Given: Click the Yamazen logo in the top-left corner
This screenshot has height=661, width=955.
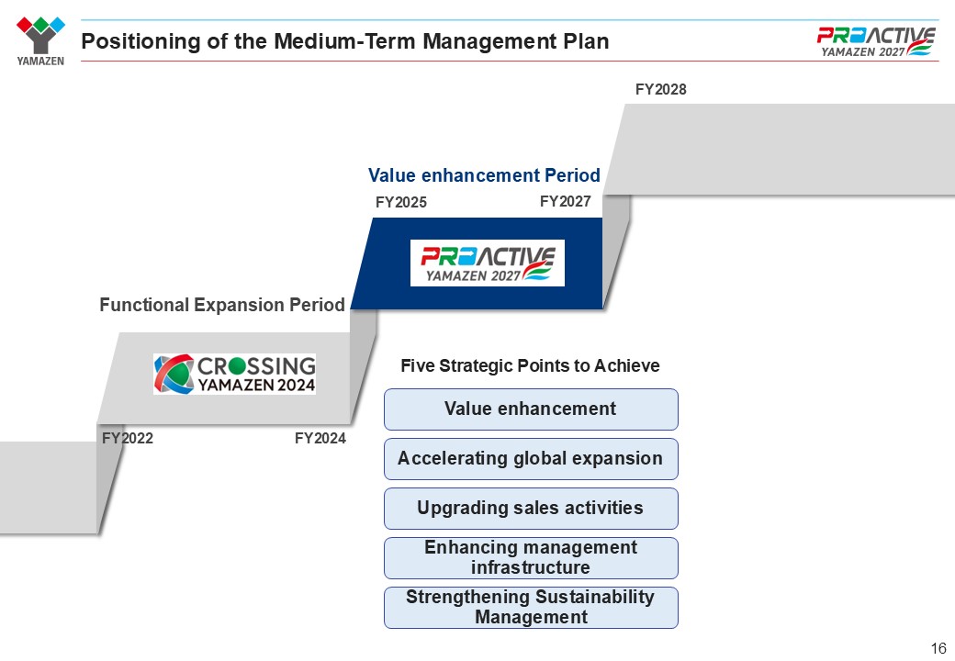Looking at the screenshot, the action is tap(40, 40).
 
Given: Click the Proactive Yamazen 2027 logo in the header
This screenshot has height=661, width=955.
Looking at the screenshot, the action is tap(876, 42).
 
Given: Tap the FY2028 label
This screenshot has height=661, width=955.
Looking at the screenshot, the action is tap(660, 89).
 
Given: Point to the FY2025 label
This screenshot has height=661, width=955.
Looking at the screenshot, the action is tap(400, 202).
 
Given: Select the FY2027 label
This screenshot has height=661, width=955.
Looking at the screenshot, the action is tap(566, 201).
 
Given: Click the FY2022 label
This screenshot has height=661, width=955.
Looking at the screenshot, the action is tap(128, 438).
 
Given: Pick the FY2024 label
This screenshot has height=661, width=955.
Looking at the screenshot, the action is tap(320, 438).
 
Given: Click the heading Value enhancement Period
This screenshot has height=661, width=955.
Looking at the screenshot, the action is tap(484, 175).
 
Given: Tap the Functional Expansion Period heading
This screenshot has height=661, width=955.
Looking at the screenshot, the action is tap(222, 304).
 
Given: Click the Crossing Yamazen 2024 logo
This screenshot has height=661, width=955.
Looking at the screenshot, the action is tap(234, 374).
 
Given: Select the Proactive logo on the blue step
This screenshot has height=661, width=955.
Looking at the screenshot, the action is tap(488, 263).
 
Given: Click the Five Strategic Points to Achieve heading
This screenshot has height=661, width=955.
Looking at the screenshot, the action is tap(530, 365).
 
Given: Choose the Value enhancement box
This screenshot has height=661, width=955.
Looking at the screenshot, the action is tap(531, 409).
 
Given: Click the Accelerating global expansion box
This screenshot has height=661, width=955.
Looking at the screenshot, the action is tap(531, 459).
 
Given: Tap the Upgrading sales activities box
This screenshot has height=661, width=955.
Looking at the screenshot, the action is tap(531, 509).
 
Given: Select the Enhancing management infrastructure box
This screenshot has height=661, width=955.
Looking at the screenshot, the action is tap(531, 558).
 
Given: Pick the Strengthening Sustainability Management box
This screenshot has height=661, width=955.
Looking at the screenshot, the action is tap(531, 608).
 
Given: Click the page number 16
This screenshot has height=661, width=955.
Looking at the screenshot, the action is tap(938, 648).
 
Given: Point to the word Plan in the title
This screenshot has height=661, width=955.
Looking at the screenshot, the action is tap(586, 40).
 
